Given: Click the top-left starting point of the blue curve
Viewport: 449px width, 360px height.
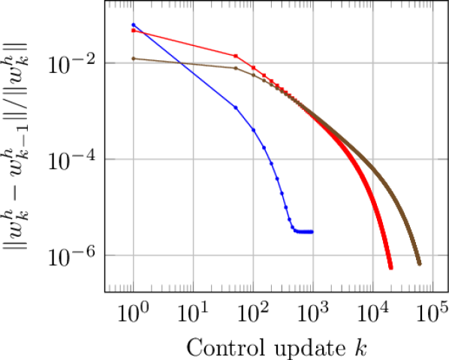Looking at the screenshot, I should (x=134, y=26).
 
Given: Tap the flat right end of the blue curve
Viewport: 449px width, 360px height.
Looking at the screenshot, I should (x=312, y=231).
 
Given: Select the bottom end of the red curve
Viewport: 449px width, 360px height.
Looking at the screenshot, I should (x=390, y=268).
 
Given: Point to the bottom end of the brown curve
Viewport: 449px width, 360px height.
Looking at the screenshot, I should (x=420, y=265).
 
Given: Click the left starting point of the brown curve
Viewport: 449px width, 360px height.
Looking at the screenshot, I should (x=133, y=59).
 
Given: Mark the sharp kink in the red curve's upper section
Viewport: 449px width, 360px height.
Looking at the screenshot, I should (x=237, y=56).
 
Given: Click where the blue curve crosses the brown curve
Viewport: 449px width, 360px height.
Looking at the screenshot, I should (x=180, y=62).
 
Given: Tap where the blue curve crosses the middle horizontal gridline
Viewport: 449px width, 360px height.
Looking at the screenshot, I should (x=271, y=159).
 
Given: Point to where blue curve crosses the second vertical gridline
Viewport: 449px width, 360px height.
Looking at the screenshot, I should (x=194, y=73).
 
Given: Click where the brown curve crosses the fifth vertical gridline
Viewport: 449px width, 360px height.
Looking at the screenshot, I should (x=373, y=168).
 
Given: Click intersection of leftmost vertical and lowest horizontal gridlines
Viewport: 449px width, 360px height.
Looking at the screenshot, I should (x=134, y=256).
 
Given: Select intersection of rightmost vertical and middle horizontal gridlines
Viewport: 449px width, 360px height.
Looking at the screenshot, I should (x=432, y=159).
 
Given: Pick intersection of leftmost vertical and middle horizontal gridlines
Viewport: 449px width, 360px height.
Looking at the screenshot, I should (x=134, y=159).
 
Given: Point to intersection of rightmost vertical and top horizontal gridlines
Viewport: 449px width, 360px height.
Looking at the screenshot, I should (x=432, y=63).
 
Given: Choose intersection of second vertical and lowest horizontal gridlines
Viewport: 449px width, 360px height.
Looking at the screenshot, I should (x=194, y=256).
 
